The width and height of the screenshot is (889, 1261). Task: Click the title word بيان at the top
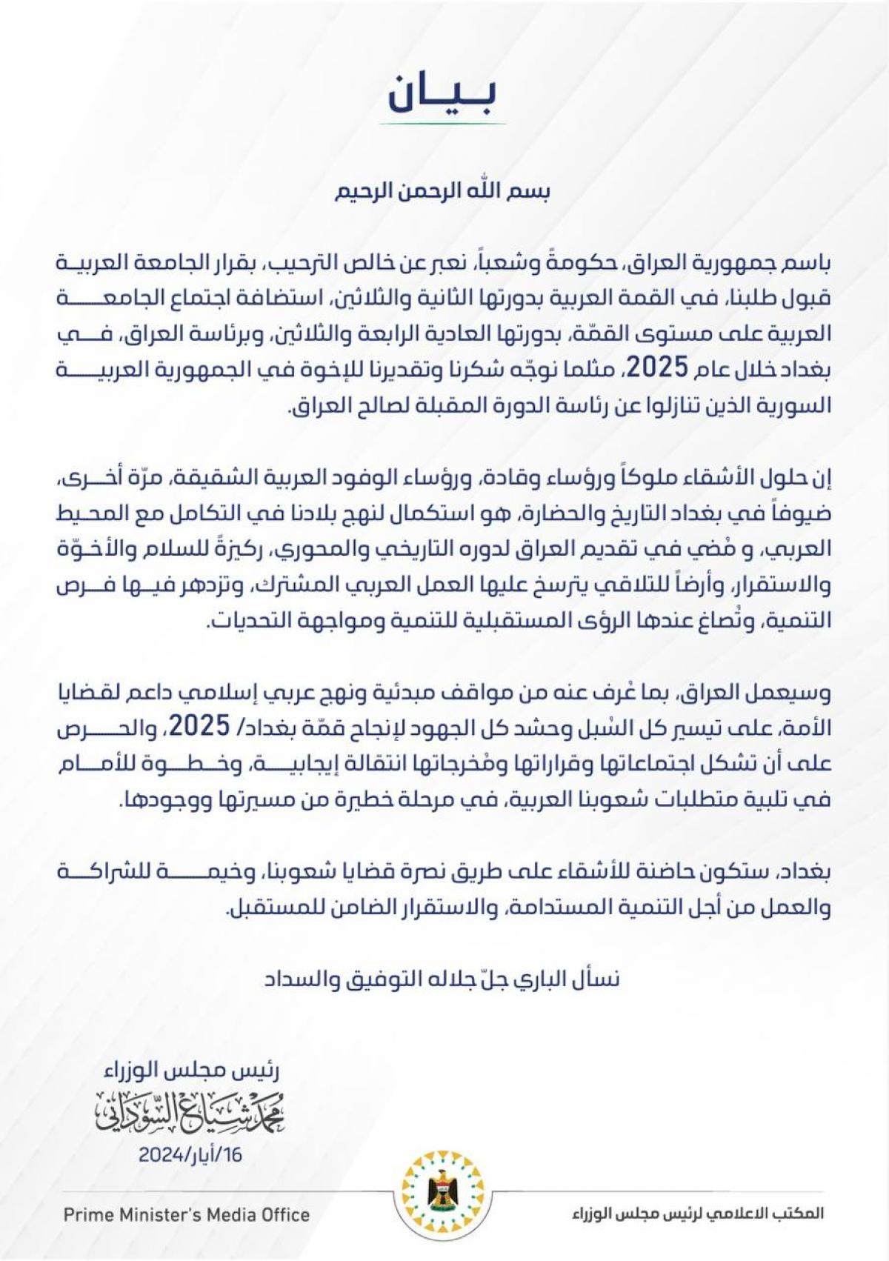click(443, 93)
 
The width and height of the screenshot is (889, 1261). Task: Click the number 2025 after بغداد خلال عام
click(655, 368)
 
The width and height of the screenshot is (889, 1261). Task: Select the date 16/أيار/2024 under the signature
click(190, 1154)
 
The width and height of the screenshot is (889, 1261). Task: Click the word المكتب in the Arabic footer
click(802, 1214)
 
